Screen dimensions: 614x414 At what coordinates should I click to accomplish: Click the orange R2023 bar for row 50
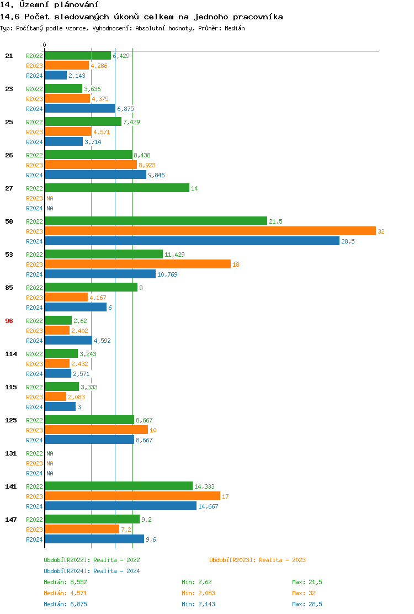pyautogui.click(x=210, y=231)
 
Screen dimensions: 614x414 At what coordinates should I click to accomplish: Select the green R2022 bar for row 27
pyautogui.click(x=117, y=188)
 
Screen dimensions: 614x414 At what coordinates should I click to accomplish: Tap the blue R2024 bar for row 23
pyautogui.click(x=80, y=109)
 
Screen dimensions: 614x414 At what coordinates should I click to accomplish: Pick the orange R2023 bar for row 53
pyautogui.click(x=137, y=264)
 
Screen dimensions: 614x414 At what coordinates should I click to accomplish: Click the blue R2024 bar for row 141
pyautogui.click(x=120, y=506)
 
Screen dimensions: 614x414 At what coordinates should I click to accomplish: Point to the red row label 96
pyautogui.click(x=9, y=321)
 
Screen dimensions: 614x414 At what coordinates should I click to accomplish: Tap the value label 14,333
pyautogui.click(x=204, y=486)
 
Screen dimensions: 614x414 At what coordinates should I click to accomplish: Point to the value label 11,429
pyautogui.click(x=174, y=255)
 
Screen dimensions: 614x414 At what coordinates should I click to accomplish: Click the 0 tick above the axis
pyautogui.click(x=45, y=45)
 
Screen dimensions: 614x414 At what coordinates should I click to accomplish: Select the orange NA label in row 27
pyautogui.click(x=50, y=198)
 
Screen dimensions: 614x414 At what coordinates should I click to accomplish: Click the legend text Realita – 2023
pyautogui.click(x=283, y=560)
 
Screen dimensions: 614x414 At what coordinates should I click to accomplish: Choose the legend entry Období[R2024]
pyautogui.click(x=67, y=571)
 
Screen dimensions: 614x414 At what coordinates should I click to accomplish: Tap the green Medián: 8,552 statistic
pyautogui.click(x=65, y=582)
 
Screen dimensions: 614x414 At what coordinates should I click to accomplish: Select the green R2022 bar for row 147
pyautogui.click(x=92, y=520)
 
